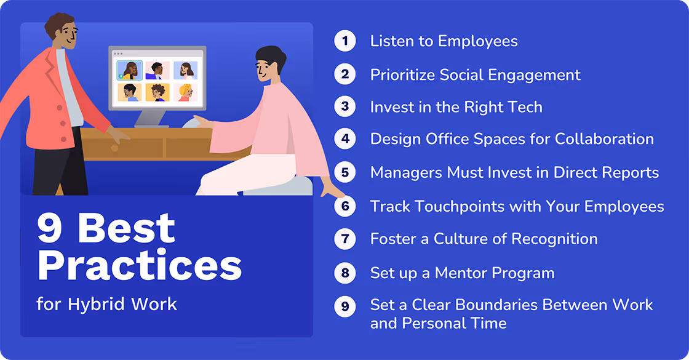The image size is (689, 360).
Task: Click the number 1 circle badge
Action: click(345, 41)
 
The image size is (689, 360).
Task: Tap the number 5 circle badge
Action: click(345, 173)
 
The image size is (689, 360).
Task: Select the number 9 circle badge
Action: click(345, 306)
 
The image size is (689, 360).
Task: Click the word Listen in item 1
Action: click(389, 41)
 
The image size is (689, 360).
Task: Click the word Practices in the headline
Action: click(140, 266)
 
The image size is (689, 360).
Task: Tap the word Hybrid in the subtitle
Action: click(94, 304)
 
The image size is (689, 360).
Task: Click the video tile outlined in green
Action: click(129, 70)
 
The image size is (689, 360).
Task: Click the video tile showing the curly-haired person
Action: click(157, 93)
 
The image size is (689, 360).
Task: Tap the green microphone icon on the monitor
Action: click(120, 76)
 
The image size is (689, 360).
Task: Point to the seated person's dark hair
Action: click(271, 57)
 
